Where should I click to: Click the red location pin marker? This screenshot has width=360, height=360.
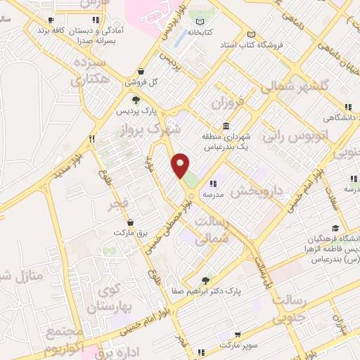coord(181,166)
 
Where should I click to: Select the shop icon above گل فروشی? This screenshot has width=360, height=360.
coord(142,71)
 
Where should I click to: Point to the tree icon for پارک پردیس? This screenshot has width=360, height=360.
coord(136,101)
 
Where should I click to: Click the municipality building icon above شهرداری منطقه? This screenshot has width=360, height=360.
coord(225,127)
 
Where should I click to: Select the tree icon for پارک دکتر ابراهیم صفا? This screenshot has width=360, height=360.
coord(205,279)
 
